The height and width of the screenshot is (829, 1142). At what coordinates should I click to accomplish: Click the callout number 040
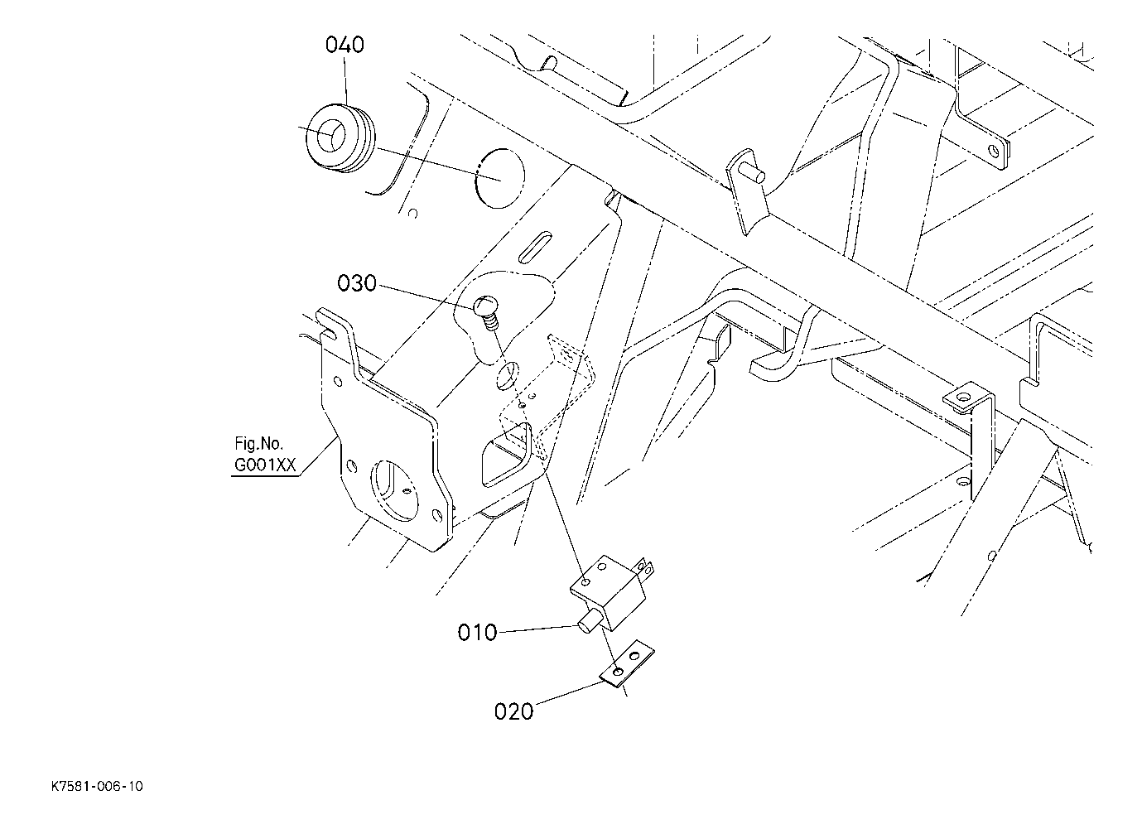(345, 44)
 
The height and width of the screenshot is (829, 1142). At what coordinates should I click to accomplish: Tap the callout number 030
(357, 284)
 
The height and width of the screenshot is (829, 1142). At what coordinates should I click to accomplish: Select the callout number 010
(477, 633)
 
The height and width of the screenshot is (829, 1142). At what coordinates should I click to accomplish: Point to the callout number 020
(513, 711)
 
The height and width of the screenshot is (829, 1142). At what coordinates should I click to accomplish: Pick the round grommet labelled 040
(337, 137)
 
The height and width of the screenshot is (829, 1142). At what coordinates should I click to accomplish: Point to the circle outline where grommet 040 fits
(501, 177)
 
